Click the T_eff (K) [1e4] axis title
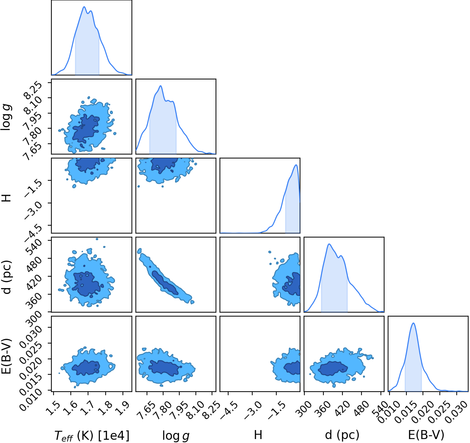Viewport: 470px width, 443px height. pyautogui.click(x=92, y=435)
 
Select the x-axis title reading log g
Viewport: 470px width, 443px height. pyautogui.click(x=176, y=435)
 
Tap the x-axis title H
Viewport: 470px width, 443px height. pyautogui.click(x=258, y=434)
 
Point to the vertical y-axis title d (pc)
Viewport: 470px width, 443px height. pyautogui.click(x=7, y=277)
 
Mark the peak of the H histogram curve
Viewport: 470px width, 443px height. pyautogui.click(x=296, y=165)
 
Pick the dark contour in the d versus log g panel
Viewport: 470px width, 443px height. pyautogui.click(x=165, y=283)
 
